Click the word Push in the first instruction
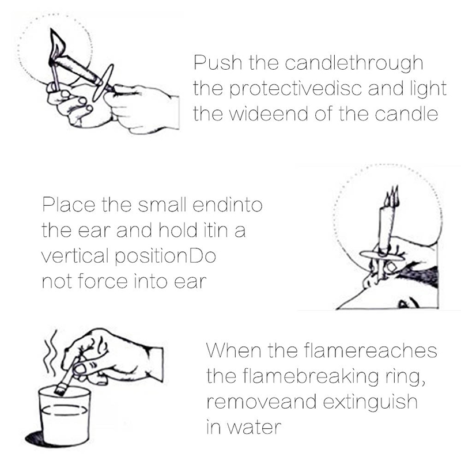218,62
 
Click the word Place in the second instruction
69,205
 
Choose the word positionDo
165,256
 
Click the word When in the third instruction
234,350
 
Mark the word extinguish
370,402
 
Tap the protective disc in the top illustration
103,82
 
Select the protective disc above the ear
382,255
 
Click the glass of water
65,415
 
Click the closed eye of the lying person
409,303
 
